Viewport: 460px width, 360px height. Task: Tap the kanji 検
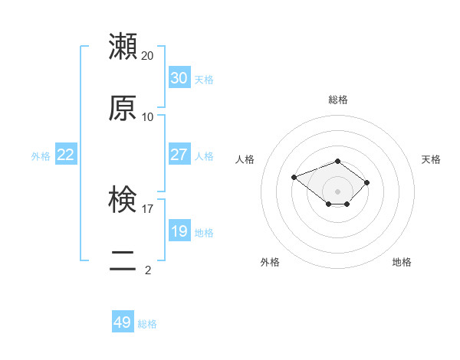click(123, 200)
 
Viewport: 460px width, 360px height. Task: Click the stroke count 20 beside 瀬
click(148, 56)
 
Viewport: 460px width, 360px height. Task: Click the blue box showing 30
click(179, 78)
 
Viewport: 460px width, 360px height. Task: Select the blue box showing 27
click(179, 155)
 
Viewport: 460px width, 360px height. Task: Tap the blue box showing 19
click(179, 231)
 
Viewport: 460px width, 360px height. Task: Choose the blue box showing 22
click(65, 155)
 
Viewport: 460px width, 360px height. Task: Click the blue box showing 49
click(123, 322)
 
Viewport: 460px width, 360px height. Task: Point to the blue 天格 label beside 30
click(204, 80)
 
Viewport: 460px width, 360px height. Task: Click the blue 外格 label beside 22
click(41, 156)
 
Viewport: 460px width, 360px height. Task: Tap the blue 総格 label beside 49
click(147, 324)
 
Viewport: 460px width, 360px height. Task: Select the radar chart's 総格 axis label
click(338, 100)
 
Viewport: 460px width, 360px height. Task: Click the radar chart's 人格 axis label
click(245, 159)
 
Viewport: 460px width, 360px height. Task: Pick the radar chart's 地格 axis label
click(402, 262)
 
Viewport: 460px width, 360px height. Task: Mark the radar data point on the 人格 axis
click(294, 177)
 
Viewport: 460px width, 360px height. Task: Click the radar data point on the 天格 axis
click(367, 182)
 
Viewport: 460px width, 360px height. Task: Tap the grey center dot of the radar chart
click(338, 191)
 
